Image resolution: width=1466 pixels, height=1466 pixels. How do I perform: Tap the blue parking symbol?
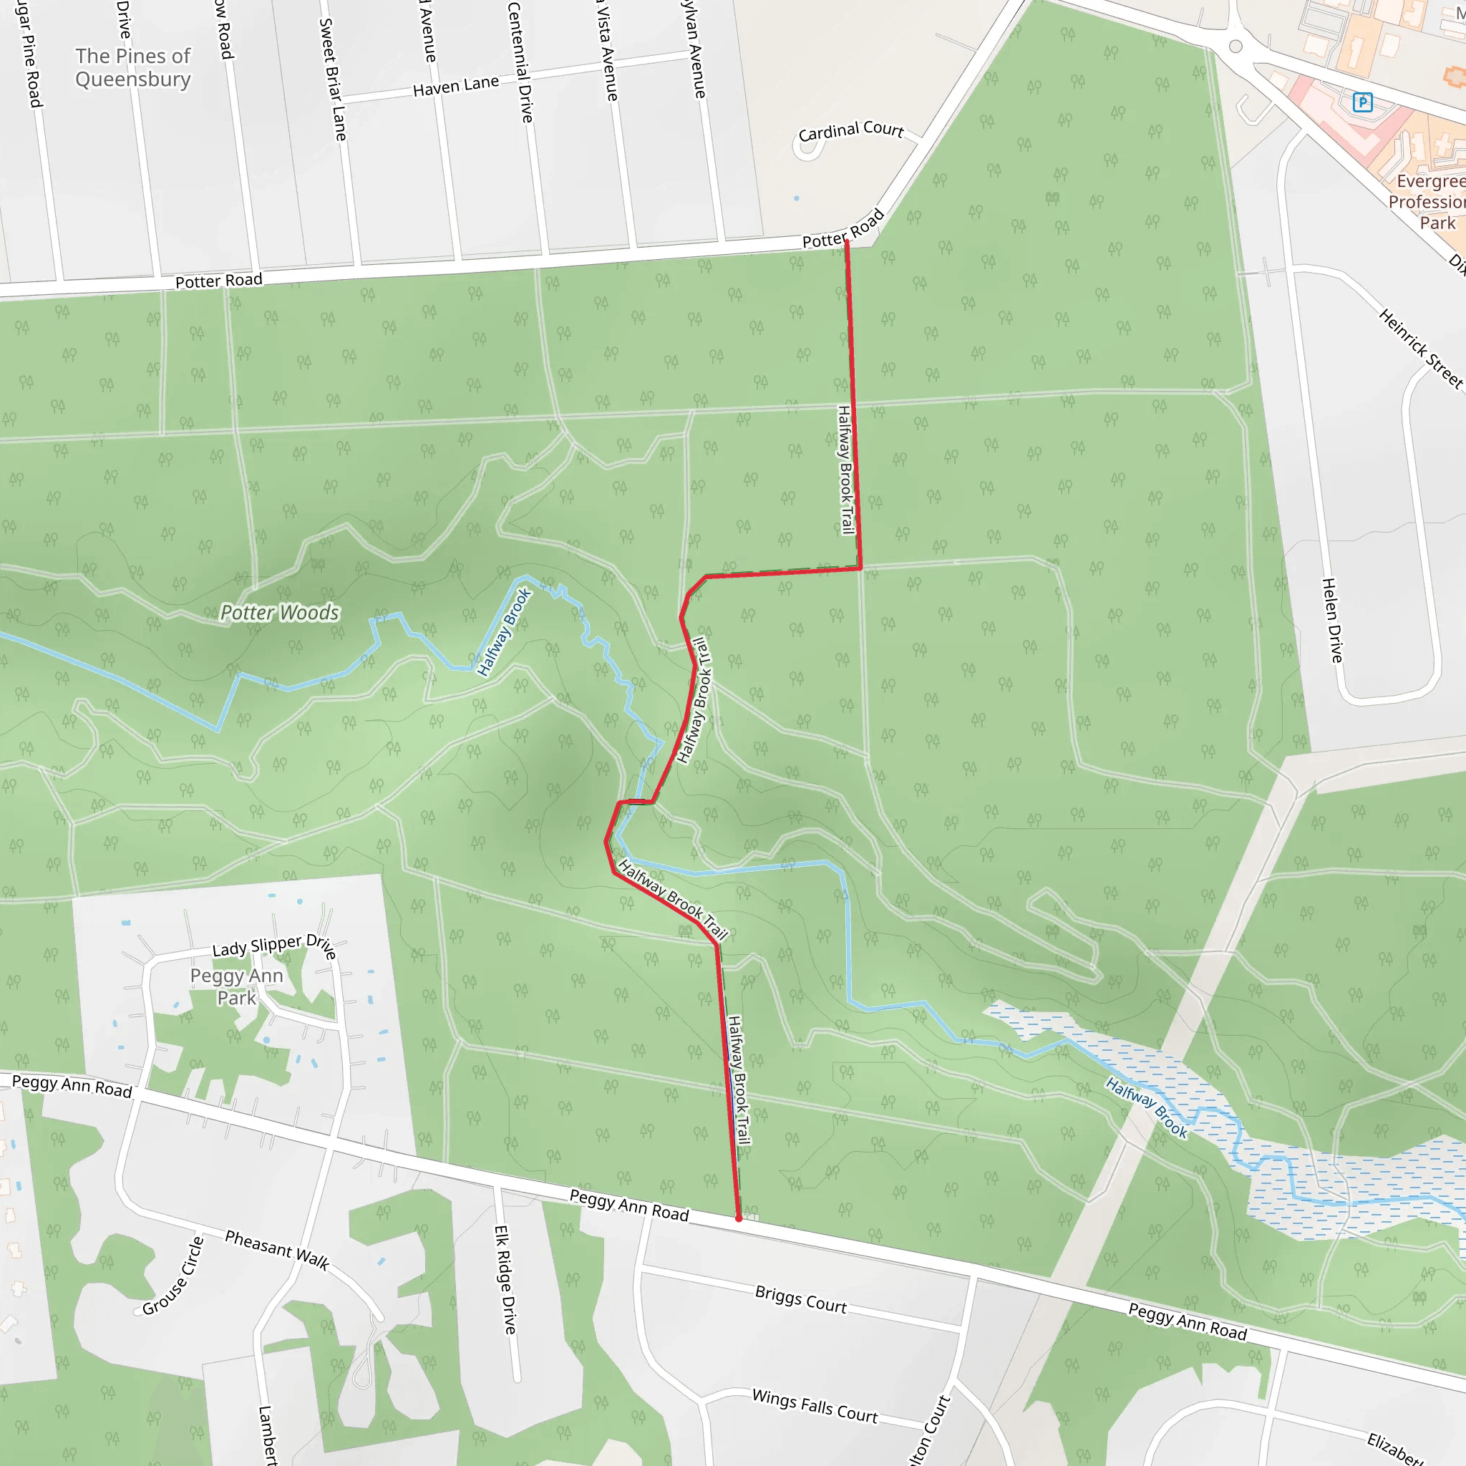click(x=1363, y=102)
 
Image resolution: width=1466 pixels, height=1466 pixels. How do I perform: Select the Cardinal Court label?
click(x=850, y=131)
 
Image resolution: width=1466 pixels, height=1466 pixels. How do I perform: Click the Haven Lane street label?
click(x=456, y=86)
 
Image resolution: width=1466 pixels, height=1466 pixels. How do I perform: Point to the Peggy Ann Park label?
click(x=237, y=986)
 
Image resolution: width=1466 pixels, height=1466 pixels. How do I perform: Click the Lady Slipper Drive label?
click(x=274, y=946)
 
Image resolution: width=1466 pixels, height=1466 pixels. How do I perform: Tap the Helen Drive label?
click(x=1332, y=620)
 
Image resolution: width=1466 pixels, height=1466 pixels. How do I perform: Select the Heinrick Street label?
click(x=1419, y=349)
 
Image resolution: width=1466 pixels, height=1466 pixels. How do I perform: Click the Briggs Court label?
click(x=800, y=1299)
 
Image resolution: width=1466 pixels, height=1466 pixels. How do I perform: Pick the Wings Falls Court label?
click(x=815, y=1406)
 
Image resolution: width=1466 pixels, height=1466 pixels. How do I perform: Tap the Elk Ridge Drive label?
click(x=506, y=1280)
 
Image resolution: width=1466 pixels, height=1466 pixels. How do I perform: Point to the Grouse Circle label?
click(x=174, y=1276)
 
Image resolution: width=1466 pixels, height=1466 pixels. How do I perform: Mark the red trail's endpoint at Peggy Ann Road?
click(x=738, y=1218)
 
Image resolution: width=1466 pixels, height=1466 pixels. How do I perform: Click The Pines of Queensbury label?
click(x=133, y=67)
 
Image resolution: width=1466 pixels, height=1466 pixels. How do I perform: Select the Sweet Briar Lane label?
click(x=332, y=79)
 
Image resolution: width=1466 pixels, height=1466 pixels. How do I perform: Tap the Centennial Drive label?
click(x=520, y=62)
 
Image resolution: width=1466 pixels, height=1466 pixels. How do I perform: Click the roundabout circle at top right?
click(x=1236, y=47)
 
